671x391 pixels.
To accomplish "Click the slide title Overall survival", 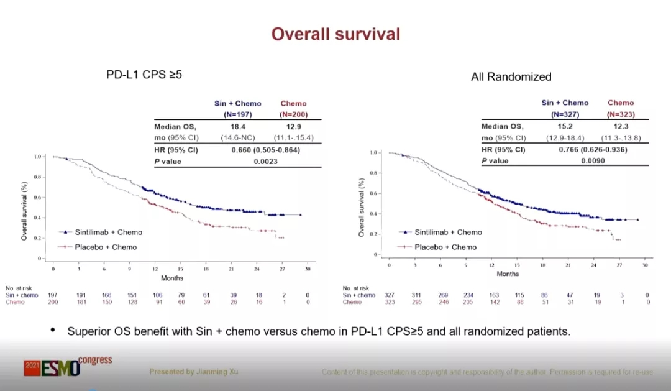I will (335, 34).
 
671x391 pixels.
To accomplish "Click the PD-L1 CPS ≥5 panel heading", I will (144, 75).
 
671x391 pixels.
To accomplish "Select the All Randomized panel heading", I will (511, 77).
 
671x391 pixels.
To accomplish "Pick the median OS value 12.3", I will (621, 126).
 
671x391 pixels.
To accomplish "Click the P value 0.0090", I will (593, 160).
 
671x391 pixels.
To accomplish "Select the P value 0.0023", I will (266, 161).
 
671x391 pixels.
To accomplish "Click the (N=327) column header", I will (565, 114).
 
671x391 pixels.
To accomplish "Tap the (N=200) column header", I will (293, 114).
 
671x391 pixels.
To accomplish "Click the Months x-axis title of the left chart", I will (172, 278).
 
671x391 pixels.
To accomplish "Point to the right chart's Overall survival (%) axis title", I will (362, 207).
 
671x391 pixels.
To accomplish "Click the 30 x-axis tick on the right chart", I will (645, 265).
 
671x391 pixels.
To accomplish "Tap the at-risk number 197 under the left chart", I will (53, 295).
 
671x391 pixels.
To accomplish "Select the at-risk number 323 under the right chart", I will (389, 302).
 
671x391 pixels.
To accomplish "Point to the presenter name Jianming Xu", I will (193, 372).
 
